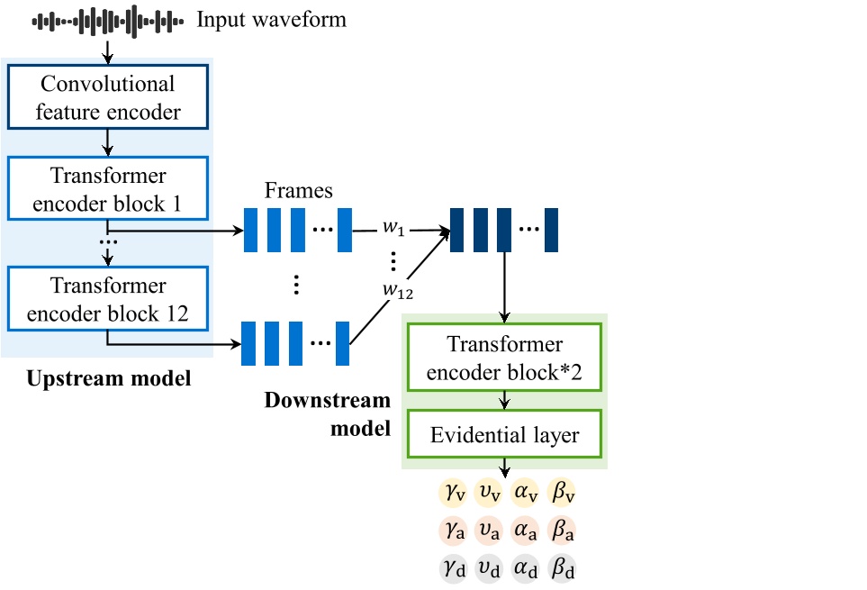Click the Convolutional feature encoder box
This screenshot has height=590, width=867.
click(x=108, y=97)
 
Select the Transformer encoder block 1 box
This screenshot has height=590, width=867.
click(x=108, y=189)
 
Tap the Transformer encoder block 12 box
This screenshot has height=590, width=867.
click(x=108, y=299)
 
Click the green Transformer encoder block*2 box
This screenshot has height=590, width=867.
click(x=504, y=357)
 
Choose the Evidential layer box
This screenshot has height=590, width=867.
click(x=504, y=435)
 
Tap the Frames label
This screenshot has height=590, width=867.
click(x=298, y=191)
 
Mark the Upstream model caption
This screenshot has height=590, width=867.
click(x=108, y=378)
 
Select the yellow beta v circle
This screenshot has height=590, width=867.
click(x=562, y=493)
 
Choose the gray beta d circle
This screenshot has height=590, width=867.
click(x=562, y=570)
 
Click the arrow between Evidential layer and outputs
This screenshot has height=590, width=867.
click(x=504, y=467)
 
